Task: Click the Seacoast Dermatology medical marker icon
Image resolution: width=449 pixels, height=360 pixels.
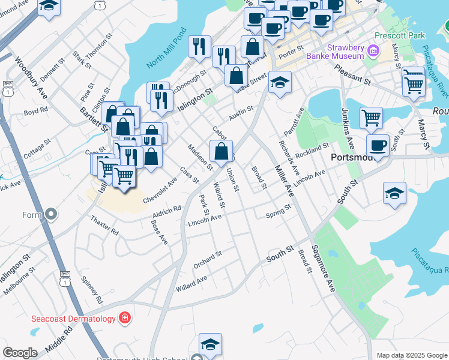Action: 125,317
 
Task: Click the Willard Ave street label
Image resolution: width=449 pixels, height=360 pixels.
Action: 191,283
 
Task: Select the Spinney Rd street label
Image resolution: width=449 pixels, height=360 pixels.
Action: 94,289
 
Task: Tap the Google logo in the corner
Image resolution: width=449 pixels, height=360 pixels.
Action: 20,353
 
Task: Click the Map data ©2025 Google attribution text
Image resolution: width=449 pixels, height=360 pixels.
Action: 411,355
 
